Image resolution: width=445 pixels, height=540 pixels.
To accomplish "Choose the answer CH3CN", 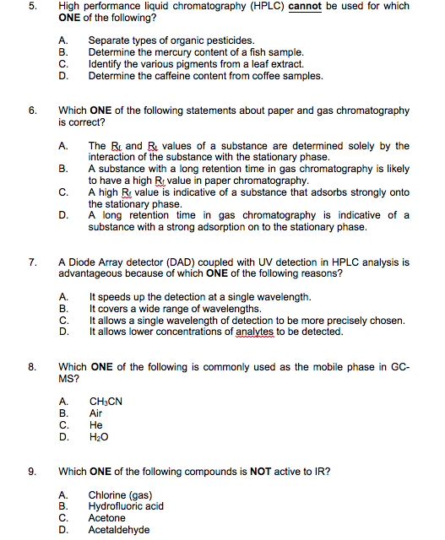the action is coord(106,402).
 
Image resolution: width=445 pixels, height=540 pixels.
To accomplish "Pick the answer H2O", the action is coord(99,438).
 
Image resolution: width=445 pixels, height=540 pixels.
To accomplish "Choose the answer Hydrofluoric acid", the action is coord(126,506).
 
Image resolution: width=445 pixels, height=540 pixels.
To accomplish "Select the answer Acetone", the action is coord(106,518).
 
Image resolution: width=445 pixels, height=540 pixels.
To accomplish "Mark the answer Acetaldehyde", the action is coord(119,530).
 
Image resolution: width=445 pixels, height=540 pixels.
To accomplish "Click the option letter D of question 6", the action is coord(63,215).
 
